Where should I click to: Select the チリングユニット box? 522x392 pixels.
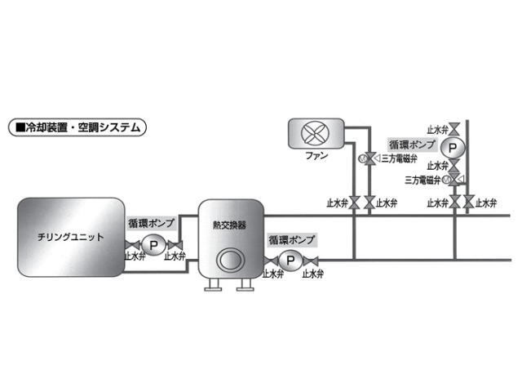[71, 237]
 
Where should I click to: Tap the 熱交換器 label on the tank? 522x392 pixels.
[229, 225]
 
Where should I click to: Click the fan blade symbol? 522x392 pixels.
[315, 133]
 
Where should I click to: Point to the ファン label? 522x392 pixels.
[316, 155]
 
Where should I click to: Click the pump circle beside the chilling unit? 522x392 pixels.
[153, 245]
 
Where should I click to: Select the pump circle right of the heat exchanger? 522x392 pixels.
[290, 261]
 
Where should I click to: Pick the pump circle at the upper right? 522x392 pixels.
[453, 147]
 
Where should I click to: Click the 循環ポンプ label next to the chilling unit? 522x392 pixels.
[152, 223]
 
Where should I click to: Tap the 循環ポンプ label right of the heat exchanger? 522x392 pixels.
[291, 239]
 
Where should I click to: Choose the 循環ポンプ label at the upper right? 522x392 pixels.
[412, 145]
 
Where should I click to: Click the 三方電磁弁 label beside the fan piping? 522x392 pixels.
[399, 158]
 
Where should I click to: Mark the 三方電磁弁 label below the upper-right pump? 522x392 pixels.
[422, 180]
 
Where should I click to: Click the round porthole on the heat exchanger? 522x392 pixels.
[229, 260]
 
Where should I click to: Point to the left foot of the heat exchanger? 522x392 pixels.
[213, 285]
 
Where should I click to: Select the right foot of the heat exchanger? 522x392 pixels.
[245, 285]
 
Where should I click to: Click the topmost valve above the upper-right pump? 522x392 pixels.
[454, 129]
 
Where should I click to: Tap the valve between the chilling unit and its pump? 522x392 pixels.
[132, 245]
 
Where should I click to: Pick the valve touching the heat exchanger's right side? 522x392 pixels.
[271, 261]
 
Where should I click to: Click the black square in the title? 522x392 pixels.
[20, 127]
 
